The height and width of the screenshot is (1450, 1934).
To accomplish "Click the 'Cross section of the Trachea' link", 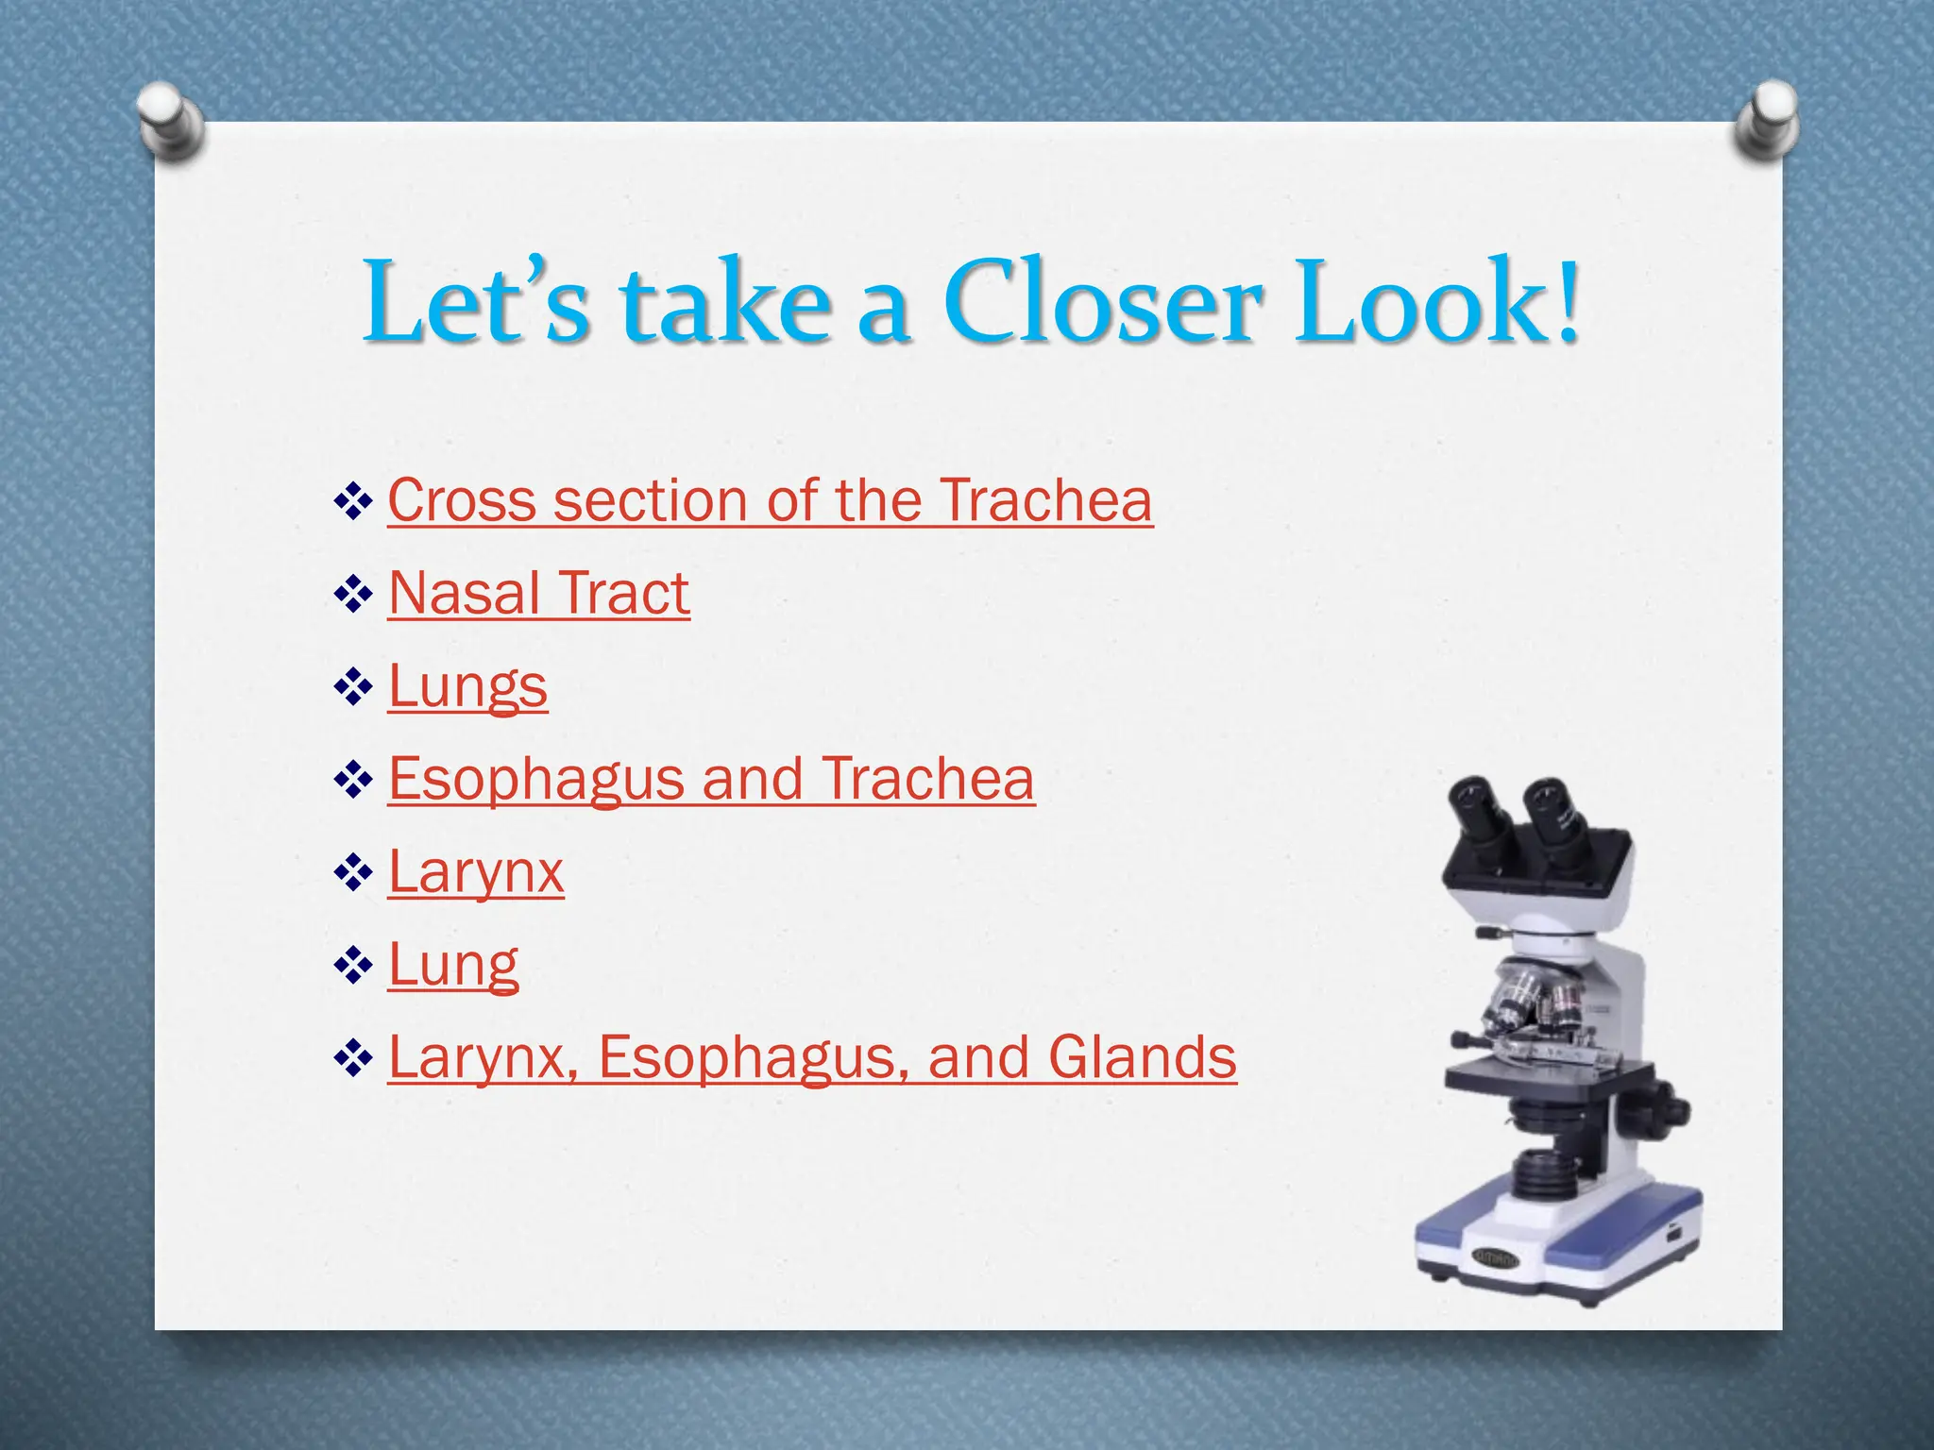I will point(770,499).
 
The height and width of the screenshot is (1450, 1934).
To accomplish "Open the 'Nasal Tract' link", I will point(538,593).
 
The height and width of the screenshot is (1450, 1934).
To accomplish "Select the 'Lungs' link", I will point(467,685).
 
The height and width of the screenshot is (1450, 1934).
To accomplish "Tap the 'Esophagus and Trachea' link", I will point(711,779).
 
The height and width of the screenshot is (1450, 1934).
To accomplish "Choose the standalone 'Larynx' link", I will point(476,871).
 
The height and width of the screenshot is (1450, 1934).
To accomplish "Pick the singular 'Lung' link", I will point(453,965).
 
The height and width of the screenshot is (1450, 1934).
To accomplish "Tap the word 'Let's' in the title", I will point(477,302).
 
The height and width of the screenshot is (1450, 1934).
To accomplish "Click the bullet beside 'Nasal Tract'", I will point(353,595).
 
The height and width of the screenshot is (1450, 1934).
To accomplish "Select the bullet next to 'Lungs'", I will point(353,687).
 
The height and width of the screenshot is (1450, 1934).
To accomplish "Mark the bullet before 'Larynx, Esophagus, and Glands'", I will point(353,1059).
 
